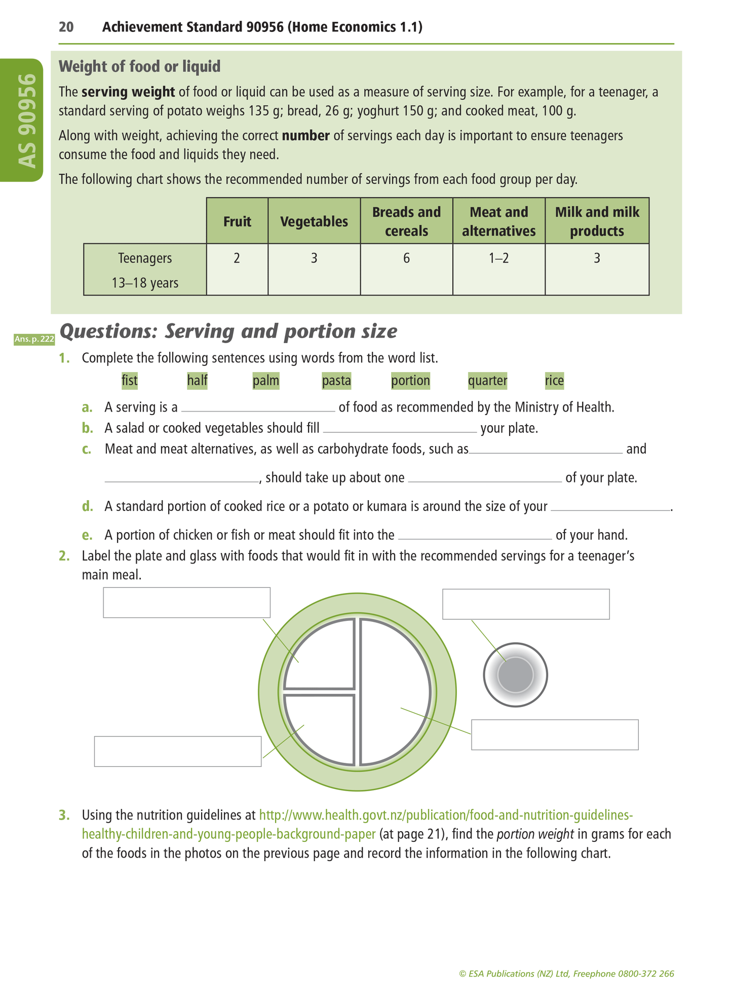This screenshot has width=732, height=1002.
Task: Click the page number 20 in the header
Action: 66,27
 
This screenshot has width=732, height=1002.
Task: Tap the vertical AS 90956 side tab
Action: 27,121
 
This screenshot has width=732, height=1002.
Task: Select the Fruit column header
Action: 237,221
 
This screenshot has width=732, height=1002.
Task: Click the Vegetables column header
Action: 314,221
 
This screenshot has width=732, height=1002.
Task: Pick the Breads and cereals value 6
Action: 406,258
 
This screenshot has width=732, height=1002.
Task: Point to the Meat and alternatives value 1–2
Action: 498,258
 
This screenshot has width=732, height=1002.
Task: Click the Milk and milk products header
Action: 597,221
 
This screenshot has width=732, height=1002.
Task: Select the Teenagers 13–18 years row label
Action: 145,270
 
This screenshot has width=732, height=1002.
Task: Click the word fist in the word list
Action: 130,381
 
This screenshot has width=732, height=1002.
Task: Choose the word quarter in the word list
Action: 487,381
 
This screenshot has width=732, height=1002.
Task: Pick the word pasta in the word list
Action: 336,381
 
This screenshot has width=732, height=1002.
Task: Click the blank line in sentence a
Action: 258,409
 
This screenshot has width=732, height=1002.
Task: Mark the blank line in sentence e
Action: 475,536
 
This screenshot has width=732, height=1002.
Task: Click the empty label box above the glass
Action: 526,604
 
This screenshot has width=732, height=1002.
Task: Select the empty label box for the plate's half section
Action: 555,734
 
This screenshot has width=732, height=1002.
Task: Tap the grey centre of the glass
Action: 516,675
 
